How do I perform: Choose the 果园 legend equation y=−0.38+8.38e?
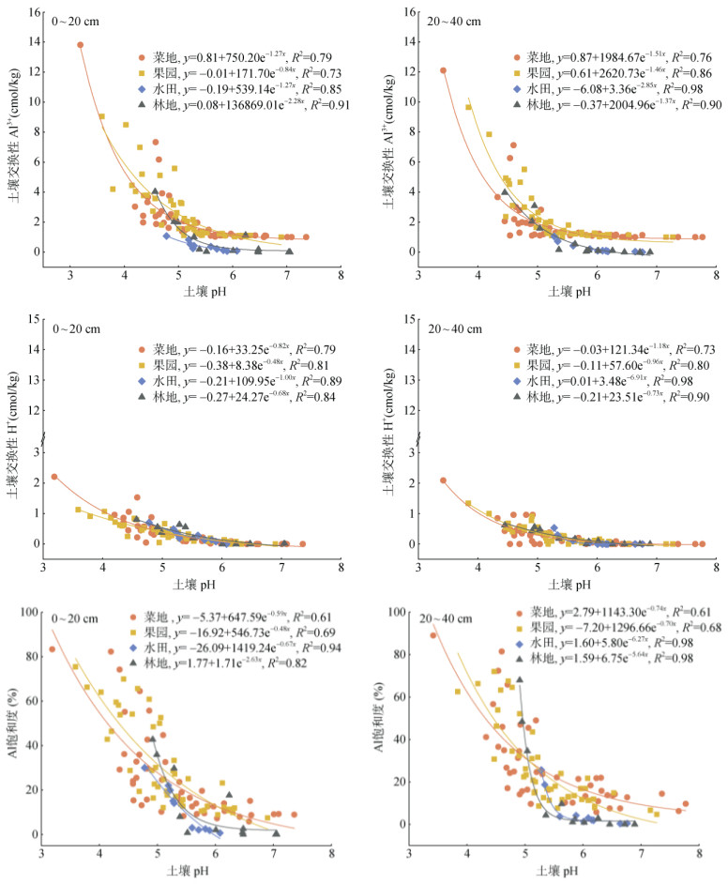click(226, 365)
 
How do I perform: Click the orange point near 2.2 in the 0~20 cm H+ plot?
click(54, 477)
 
